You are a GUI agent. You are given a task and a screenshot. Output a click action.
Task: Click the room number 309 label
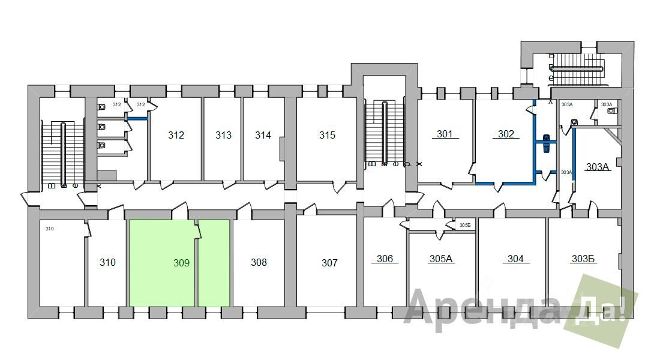tap(181, 263)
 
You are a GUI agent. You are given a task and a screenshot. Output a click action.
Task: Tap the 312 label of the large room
tap(176, 136)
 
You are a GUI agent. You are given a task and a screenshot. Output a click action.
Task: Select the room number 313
tap(223, 136)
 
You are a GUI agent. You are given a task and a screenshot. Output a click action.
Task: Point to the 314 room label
tap(263, 136)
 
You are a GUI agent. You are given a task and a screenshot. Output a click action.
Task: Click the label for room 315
tap(327, 136)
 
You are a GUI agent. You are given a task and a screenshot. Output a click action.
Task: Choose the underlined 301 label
tap(445, 134)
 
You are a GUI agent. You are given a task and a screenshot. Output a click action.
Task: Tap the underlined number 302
tap(506, 134)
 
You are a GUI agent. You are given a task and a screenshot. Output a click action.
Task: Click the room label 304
tap(515, 259)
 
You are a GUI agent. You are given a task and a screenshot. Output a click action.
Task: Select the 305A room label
tap(441, 259)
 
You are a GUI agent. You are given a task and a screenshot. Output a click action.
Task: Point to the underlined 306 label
tap(385, 259)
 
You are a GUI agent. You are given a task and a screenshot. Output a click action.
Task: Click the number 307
tap(329, 263)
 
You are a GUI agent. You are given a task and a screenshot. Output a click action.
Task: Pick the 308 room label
tap(259, 263)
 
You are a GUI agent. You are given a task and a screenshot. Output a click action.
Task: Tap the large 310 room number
tap(107, 263)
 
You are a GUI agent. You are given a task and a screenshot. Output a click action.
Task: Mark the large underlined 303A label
tap(598, 167)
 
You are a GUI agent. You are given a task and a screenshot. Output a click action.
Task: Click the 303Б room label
tap(583, 259)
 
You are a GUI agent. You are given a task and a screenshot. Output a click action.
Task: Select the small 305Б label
tap(465, 226)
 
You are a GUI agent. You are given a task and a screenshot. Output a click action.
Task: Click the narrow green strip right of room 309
tap(214, 263)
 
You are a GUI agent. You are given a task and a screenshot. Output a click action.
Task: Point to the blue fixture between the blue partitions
tap(546, 145)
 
